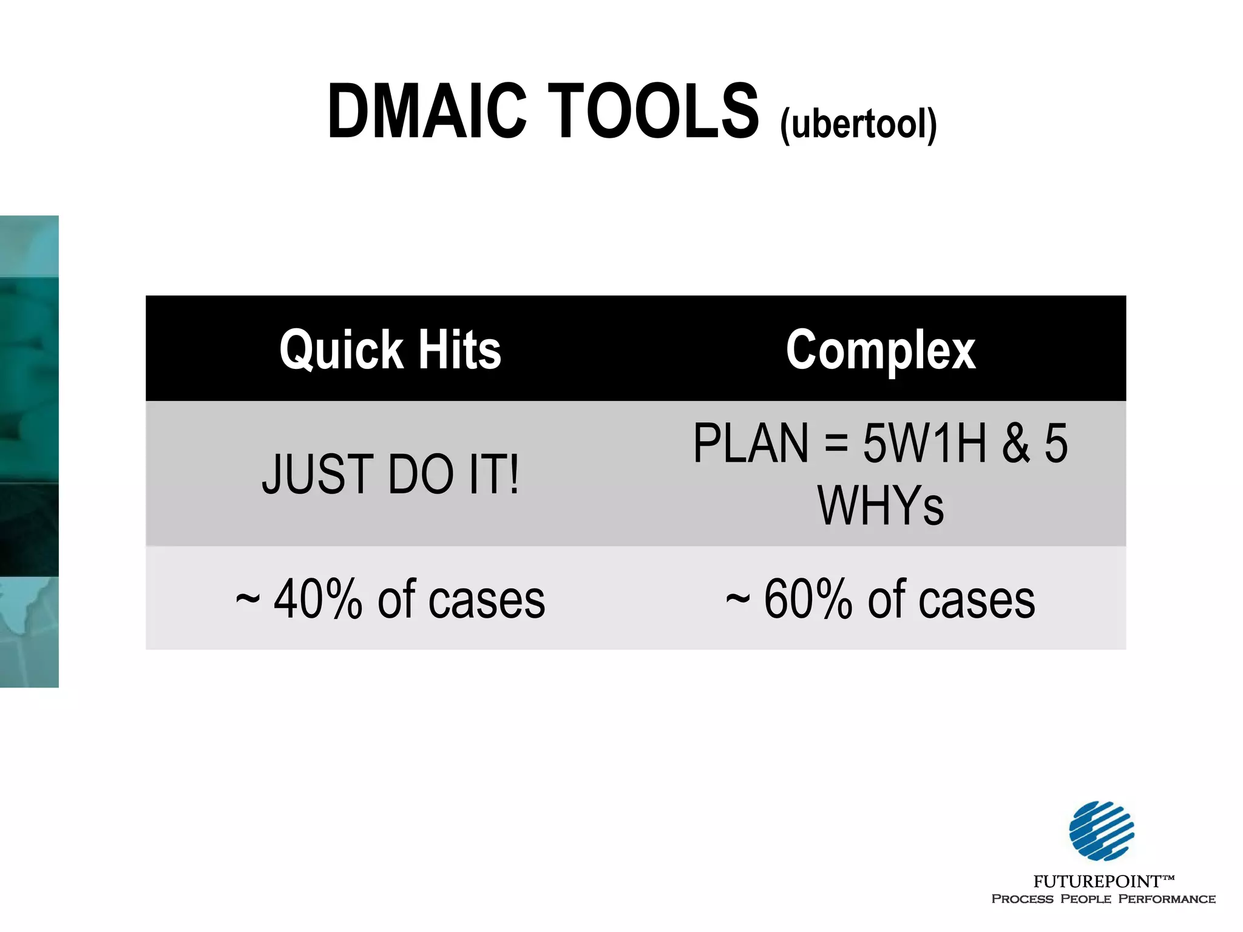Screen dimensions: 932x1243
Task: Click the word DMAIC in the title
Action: tap(427, 112)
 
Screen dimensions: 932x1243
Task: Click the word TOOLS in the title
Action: tap(654, 112)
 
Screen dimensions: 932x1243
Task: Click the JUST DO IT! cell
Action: tap(390, 474)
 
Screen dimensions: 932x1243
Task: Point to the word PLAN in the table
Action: tap(751, 444)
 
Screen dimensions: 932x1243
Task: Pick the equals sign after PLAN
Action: tap(836, 444)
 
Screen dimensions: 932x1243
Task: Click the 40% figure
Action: tap(317, 599)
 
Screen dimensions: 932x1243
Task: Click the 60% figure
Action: tap(807, 599)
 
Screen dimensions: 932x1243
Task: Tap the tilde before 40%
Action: tap(248, 599)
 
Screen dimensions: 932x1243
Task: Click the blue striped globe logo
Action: tap(1102, 831)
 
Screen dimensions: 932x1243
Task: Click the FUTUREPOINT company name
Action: tap(1097, 881)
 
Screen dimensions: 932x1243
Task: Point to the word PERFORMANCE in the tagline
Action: tap(1167, 899)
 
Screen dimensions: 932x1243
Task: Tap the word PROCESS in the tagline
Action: tap(1022, 899)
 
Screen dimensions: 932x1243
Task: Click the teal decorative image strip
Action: tap(29, 451)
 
